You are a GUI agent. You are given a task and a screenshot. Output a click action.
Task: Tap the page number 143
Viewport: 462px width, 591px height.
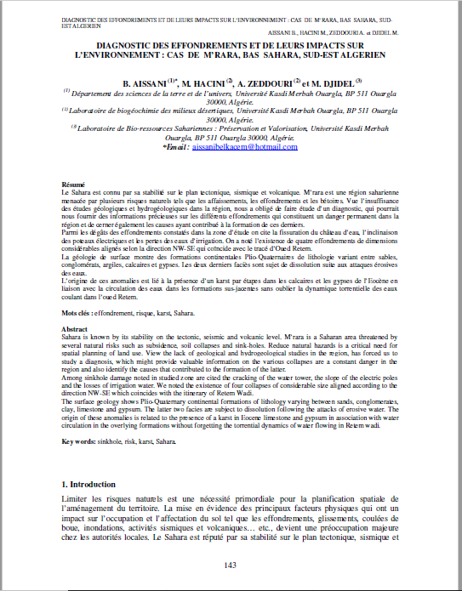(x=230, y=565)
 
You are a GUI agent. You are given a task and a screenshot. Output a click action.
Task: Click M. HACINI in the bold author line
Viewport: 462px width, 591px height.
(x=202, y=83)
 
